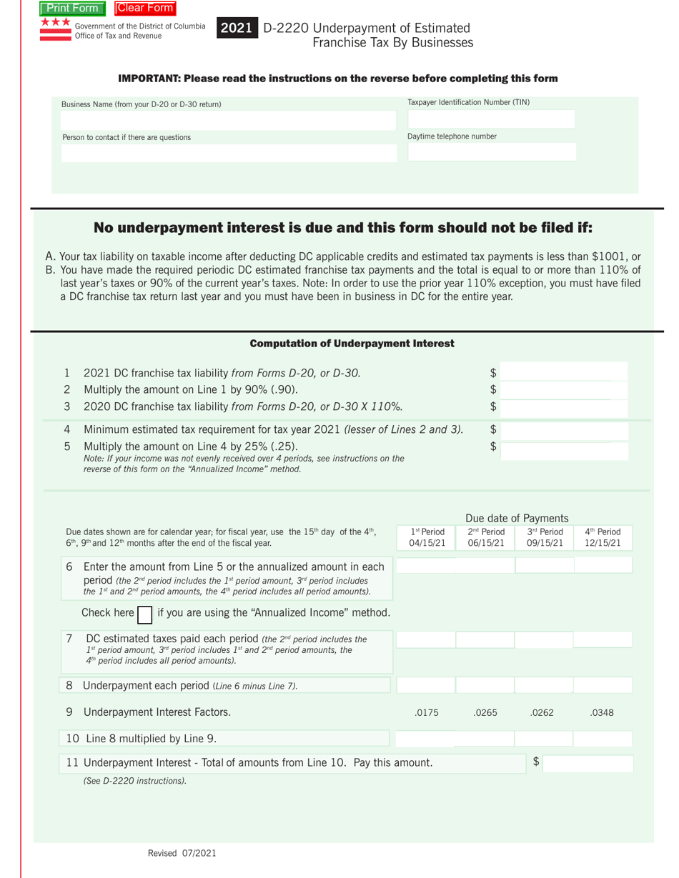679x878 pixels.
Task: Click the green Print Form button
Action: pos(73,9)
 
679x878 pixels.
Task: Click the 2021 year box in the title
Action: pos(236,29)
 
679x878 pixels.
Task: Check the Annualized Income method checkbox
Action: pos(144,614)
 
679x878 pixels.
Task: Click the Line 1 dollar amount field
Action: pos(564,372)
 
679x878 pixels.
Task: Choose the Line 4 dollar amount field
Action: pos(564,431)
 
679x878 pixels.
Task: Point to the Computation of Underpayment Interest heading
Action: pos(352,344)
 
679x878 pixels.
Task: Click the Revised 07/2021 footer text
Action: pos(182,853)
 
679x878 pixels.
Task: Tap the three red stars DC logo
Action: pos(55,23)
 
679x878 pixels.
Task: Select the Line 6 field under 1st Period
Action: pos(425,566)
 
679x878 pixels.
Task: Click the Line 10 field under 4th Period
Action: pos(603,739)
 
